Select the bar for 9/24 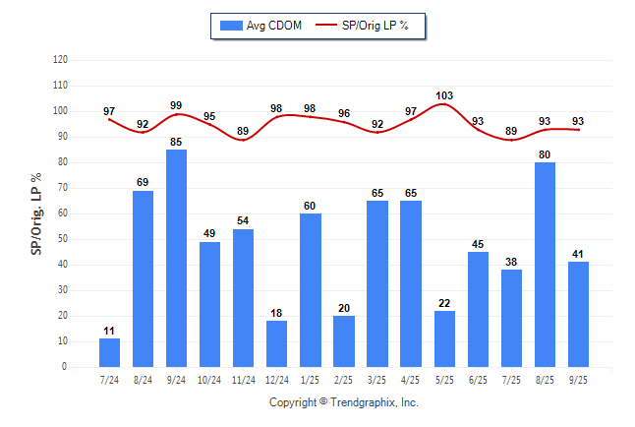click(176, 258)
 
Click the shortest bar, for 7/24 click(109, 352)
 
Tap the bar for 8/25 click(545, 265)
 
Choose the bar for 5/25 click(444, 338)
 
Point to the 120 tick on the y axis click(61, 59)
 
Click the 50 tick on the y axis click(63, 239)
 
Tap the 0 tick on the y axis click(65, 367)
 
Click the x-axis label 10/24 click(209, 379)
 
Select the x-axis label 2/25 click(343, 379)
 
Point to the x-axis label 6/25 click(478, 379)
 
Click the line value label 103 click(444, 95)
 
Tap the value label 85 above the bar click(176, 141)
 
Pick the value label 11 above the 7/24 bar click(109, 331)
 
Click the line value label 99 click(176, 105)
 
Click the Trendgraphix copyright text click(344, 402)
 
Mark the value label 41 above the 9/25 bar click(578, 254)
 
